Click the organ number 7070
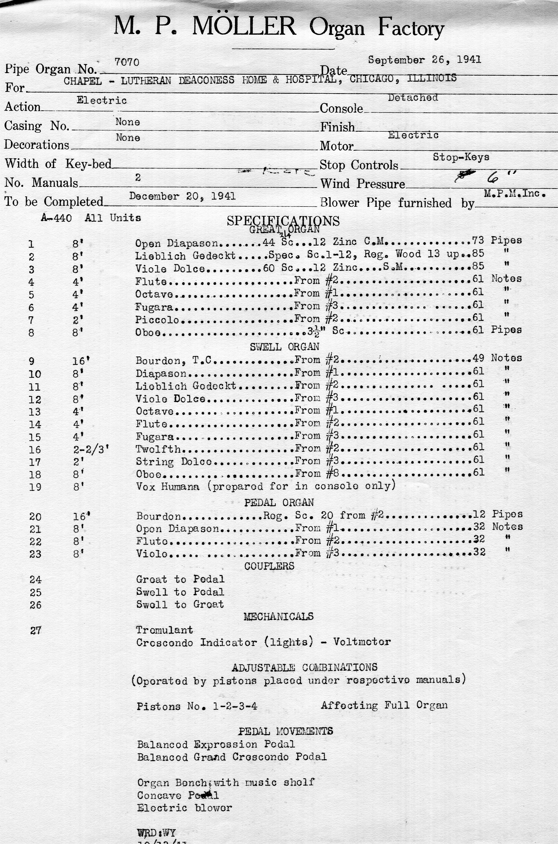[127, 62]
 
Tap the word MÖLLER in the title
[244, 27]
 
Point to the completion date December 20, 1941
[182, 196]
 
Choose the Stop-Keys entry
[461, 157]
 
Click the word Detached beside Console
[413, 98]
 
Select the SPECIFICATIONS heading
[283, 221]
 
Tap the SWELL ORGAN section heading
[284, 347]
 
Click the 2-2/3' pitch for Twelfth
[90, 450]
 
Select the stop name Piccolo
[157, 320]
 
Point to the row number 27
[36, 631]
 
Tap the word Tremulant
[164, 630]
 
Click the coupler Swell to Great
[180, 604]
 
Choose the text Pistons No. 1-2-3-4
[197, 706]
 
